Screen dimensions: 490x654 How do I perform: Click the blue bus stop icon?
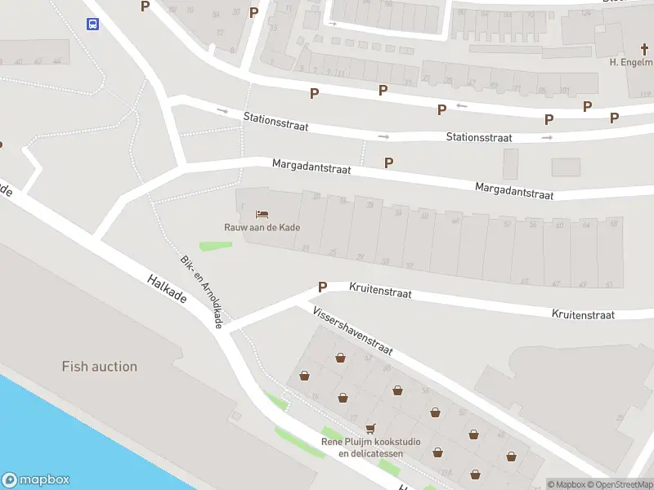92,24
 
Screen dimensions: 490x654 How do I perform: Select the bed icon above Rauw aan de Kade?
262,213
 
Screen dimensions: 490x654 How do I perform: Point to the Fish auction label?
100,366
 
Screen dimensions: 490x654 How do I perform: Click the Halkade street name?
168,289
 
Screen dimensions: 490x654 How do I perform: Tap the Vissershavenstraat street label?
352,332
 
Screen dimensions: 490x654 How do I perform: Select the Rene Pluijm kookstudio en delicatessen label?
370,448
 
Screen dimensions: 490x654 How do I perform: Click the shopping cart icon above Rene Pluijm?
370,428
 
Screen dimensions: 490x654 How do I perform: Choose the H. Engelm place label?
631,62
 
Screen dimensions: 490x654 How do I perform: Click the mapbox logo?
36,480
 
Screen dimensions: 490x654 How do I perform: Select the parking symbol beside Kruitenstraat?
323,287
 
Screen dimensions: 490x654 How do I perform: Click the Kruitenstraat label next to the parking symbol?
380,290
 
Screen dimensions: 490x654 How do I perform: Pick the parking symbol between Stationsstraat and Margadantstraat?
388,163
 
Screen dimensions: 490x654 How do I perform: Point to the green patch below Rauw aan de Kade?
214,245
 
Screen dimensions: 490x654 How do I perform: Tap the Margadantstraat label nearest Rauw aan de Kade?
311,167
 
